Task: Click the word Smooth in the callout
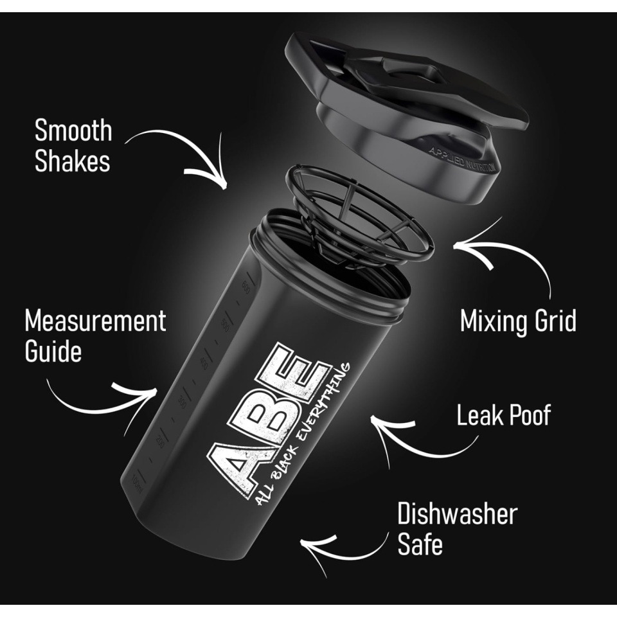(73, 130)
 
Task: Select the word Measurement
(95, 320)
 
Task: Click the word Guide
(53, 351)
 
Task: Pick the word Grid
(555, 321)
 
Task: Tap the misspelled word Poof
(529, 416)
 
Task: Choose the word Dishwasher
(457, 514)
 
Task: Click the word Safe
(420, 545)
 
